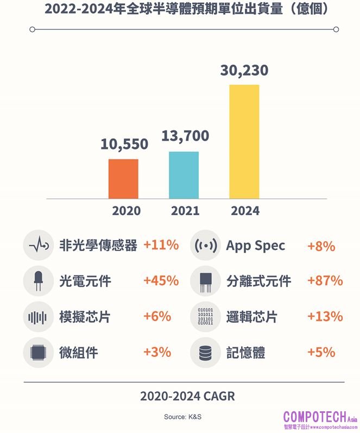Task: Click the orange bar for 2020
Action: click(123, 179)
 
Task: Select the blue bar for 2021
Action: click(184, 175)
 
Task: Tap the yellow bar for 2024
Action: click(244, 142)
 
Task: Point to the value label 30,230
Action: click(244, 71)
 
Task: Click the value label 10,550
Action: click(124, 144)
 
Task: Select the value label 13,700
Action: click(185, 136)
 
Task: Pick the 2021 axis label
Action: click(185, 211)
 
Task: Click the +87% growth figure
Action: click(325, 281)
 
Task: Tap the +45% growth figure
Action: click(161, 281)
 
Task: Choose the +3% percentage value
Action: click(157, 352)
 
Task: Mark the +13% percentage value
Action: click(325, 316)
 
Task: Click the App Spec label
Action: click(255, 246)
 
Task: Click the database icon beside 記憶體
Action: click(205, 353)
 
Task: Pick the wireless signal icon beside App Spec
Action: click(205, 246)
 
